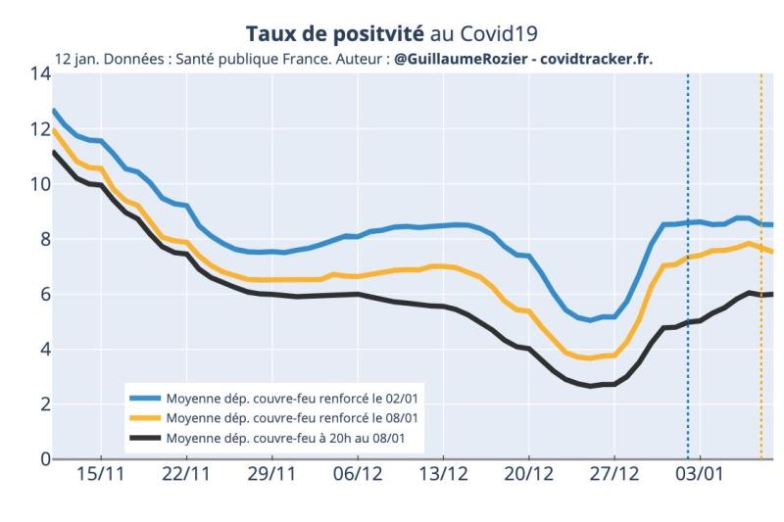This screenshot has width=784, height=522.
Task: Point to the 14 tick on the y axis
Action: click(x=39, y=73)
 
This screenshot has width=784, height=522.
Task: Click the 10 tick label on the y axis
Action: click(x=39, y=184)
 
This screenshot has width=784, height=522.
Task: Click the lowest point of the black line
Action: click(x=589, y=386)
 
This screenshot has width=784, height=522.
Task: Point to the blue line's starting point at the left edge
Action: click(x=54, y=110)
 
